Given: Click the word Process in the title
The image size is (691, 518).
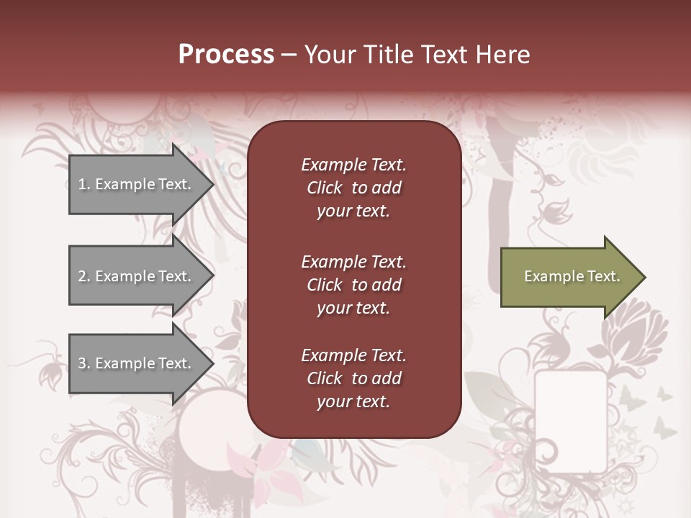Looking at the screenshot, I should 226,55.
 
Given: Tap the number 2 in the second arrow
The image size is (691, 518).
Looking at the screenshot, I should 82,276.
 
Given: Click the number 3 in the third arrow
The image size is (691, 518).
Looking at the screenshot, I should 82,363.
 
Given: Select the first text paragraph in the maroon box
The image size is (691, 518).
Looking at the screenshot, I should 353,188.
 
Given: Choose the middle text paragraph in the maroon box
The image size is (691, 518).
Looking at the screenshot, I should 353,285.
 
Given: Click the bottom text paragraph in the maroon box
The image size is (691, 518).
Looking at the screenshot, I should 353,378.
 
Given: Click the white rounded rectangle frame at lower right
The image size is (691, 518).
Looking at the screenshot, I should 571,421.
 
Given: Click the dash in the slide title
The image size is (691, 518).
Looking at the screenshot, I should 289,55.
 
